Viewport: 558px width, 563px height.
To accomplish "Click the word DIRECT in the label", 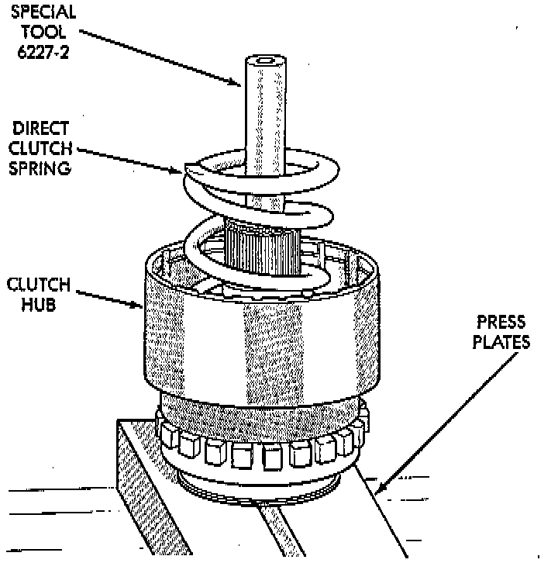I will coord(41,128).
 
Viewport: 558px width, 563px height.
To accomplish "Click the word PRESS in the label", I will coord(501,322).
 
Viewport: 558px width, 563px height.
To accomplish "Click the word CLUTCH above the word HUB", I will coord(40,285).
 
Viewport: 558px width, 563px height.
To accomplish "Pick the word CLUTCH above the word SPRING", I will coord(41,147).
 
